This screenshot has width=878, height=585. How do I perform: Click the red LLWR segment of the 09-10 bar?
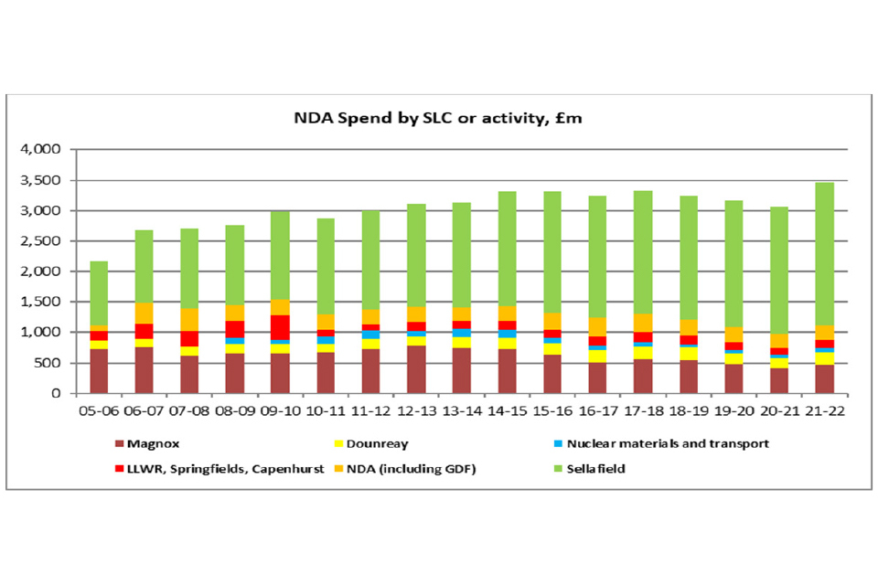pyautogui.click(x=279, y=327)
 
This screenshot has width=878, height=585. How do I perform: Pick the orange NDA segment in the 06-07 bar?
pyautogui.click(x=144, y=313)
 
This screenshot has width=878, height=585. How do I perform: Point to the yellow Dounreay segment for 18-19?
pyautogui.click(x=690, y=353)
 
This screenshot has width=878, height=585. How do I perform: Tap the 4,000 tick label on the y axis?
pyautogui.click(x=42, y=150)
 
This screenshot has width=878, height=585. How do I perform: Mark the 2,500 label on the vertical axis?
pyautogui.click(x=42, y=241)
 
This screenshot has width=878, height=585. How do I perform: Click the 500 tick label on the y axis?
pyautogui.click(x=49, y=363)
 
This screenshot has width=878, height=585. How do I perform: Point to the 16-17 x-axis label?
pyautogui.click(x=598, y=412)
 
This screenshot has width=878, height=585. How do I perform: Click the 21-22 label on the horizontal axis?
pyautogui.click(x=825, y=412)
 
